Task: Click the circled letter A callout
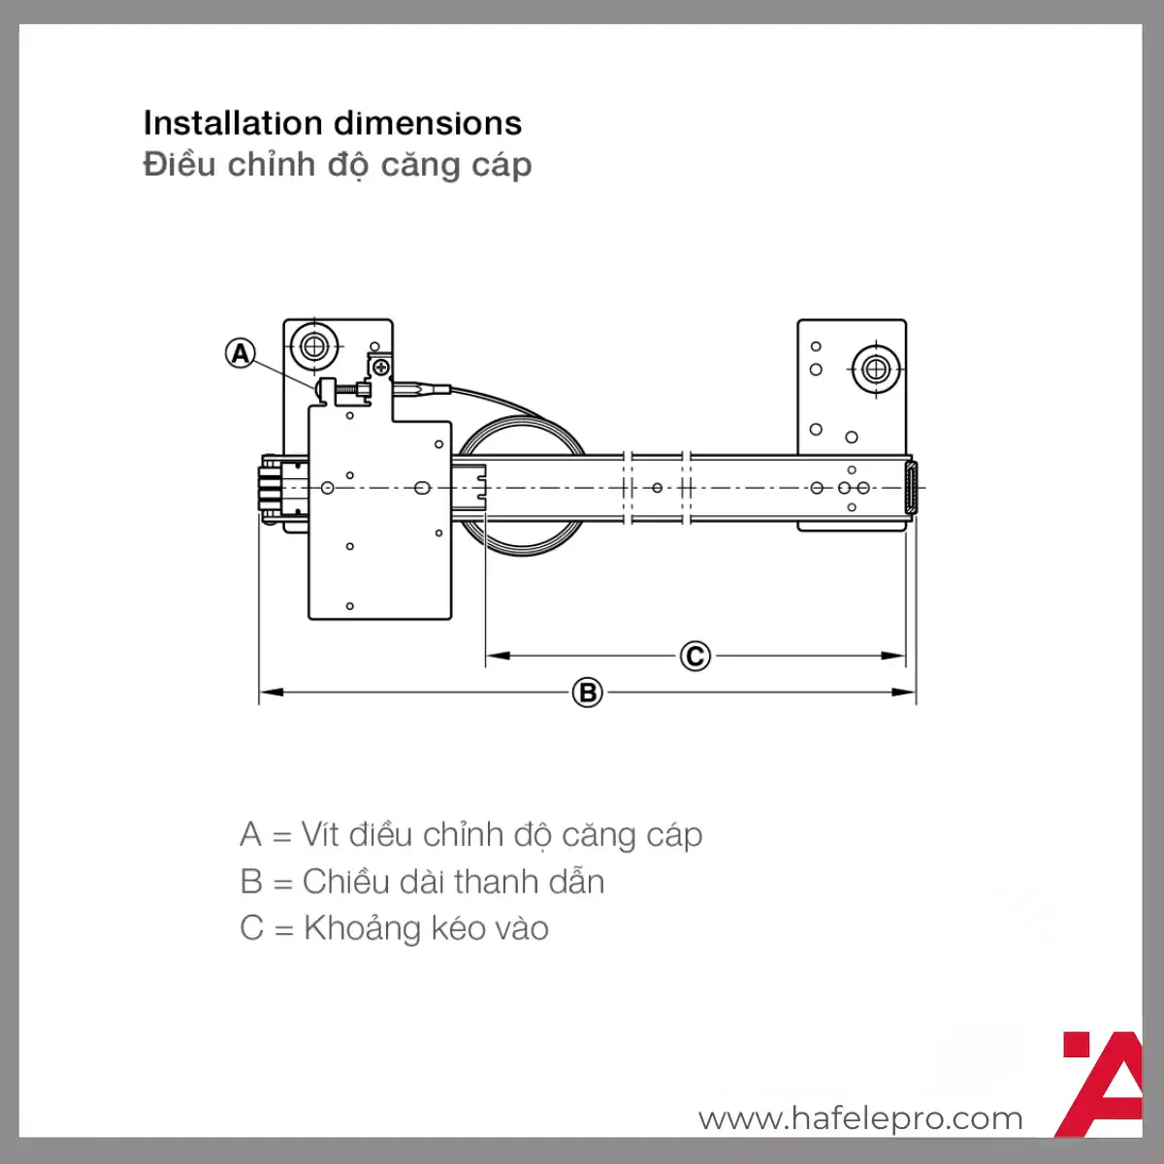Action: click(240, 353)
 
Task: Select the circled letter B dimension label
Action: click(588, 693)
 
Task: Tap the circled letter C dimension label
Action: click(695, 656)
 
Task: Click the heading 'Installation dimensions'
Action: click(333, 123)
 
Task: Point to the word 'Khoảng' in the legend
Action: click(361, 929)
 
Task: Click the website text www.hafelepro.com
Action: click(860, 1118)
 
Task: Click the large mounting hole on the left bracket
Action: click(314, 346)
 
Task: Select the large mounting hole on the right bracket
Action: click(876, 369)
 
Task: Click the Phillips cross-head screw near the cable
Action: click(381, 367)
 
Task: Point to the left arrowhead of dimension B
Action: click(272, 693)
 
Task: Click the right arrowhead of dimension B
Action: click(904, 693)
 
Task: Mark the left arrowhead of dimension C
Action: click(499, 656)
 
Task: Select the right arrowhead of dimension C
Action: click(893, 656)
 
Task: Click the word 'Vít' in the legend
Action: click(320, 835)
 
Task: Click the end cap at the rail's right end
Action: click(911, 488)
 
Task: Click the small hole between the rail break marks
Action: click(658, 488)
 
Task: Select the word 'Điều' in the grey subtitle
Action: click(179, 164)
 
